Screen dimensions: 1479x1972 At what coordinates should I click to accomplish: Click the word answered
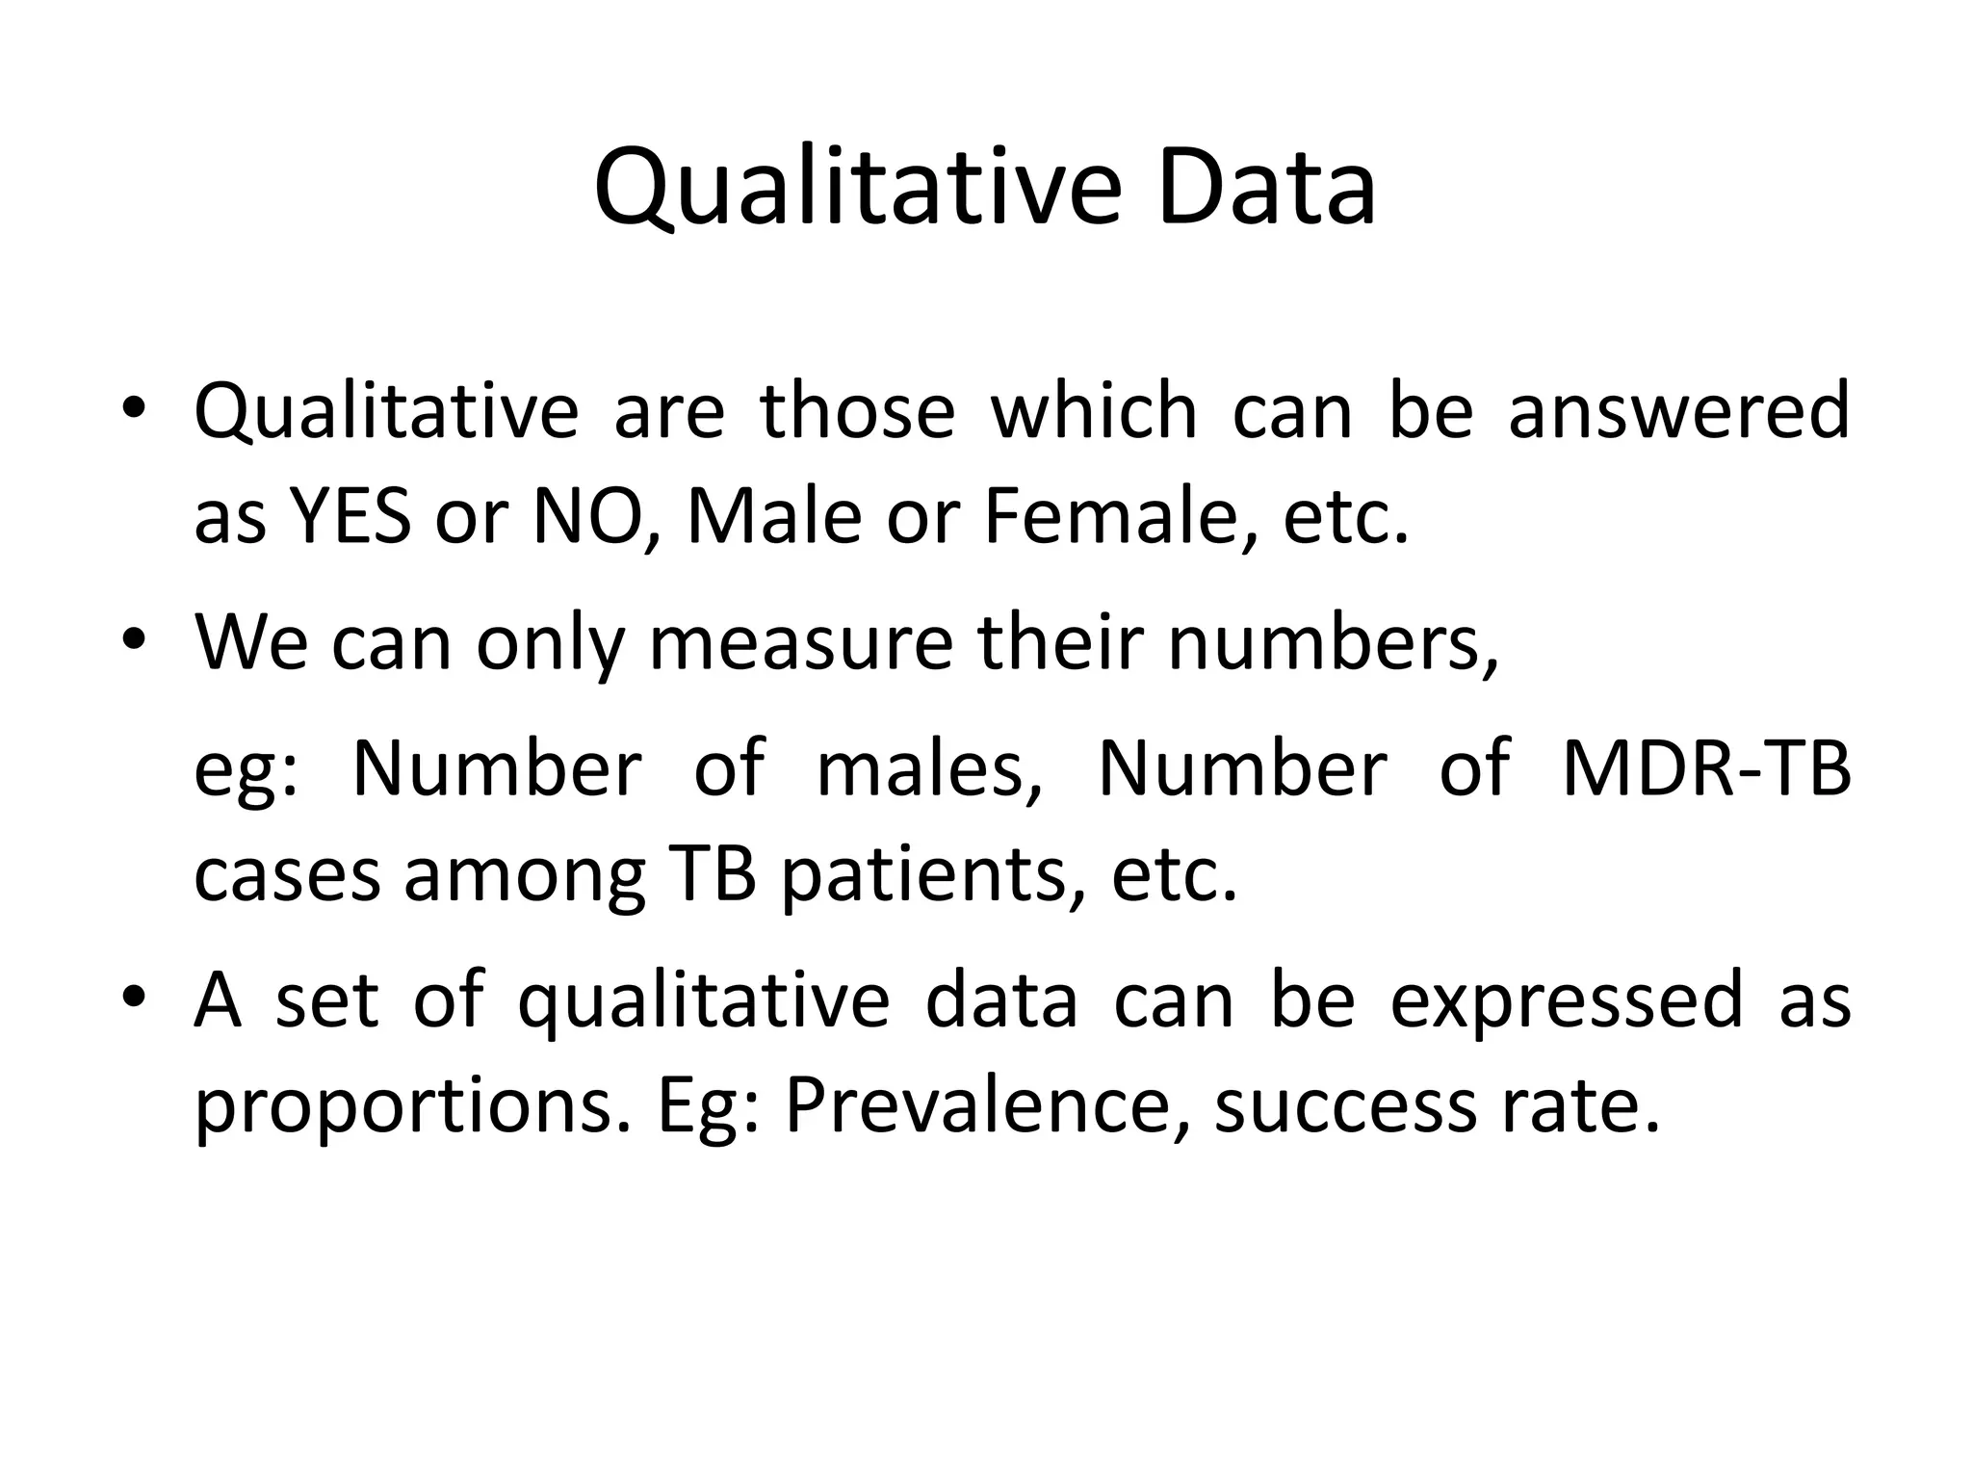click(x=1677, y=411)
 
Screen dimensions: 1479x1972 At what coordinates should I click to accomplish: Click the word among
click(x=525, y=876)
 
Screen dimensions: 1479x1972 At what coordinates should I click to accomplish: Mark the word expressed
click(x=1567, y=999)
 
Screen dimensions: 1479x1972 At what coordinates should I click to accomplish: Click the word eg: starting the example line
click(x=246, y=770)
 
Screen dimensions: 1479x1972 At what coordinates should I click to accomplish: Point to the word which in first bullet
click(x=1094, y=411)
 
